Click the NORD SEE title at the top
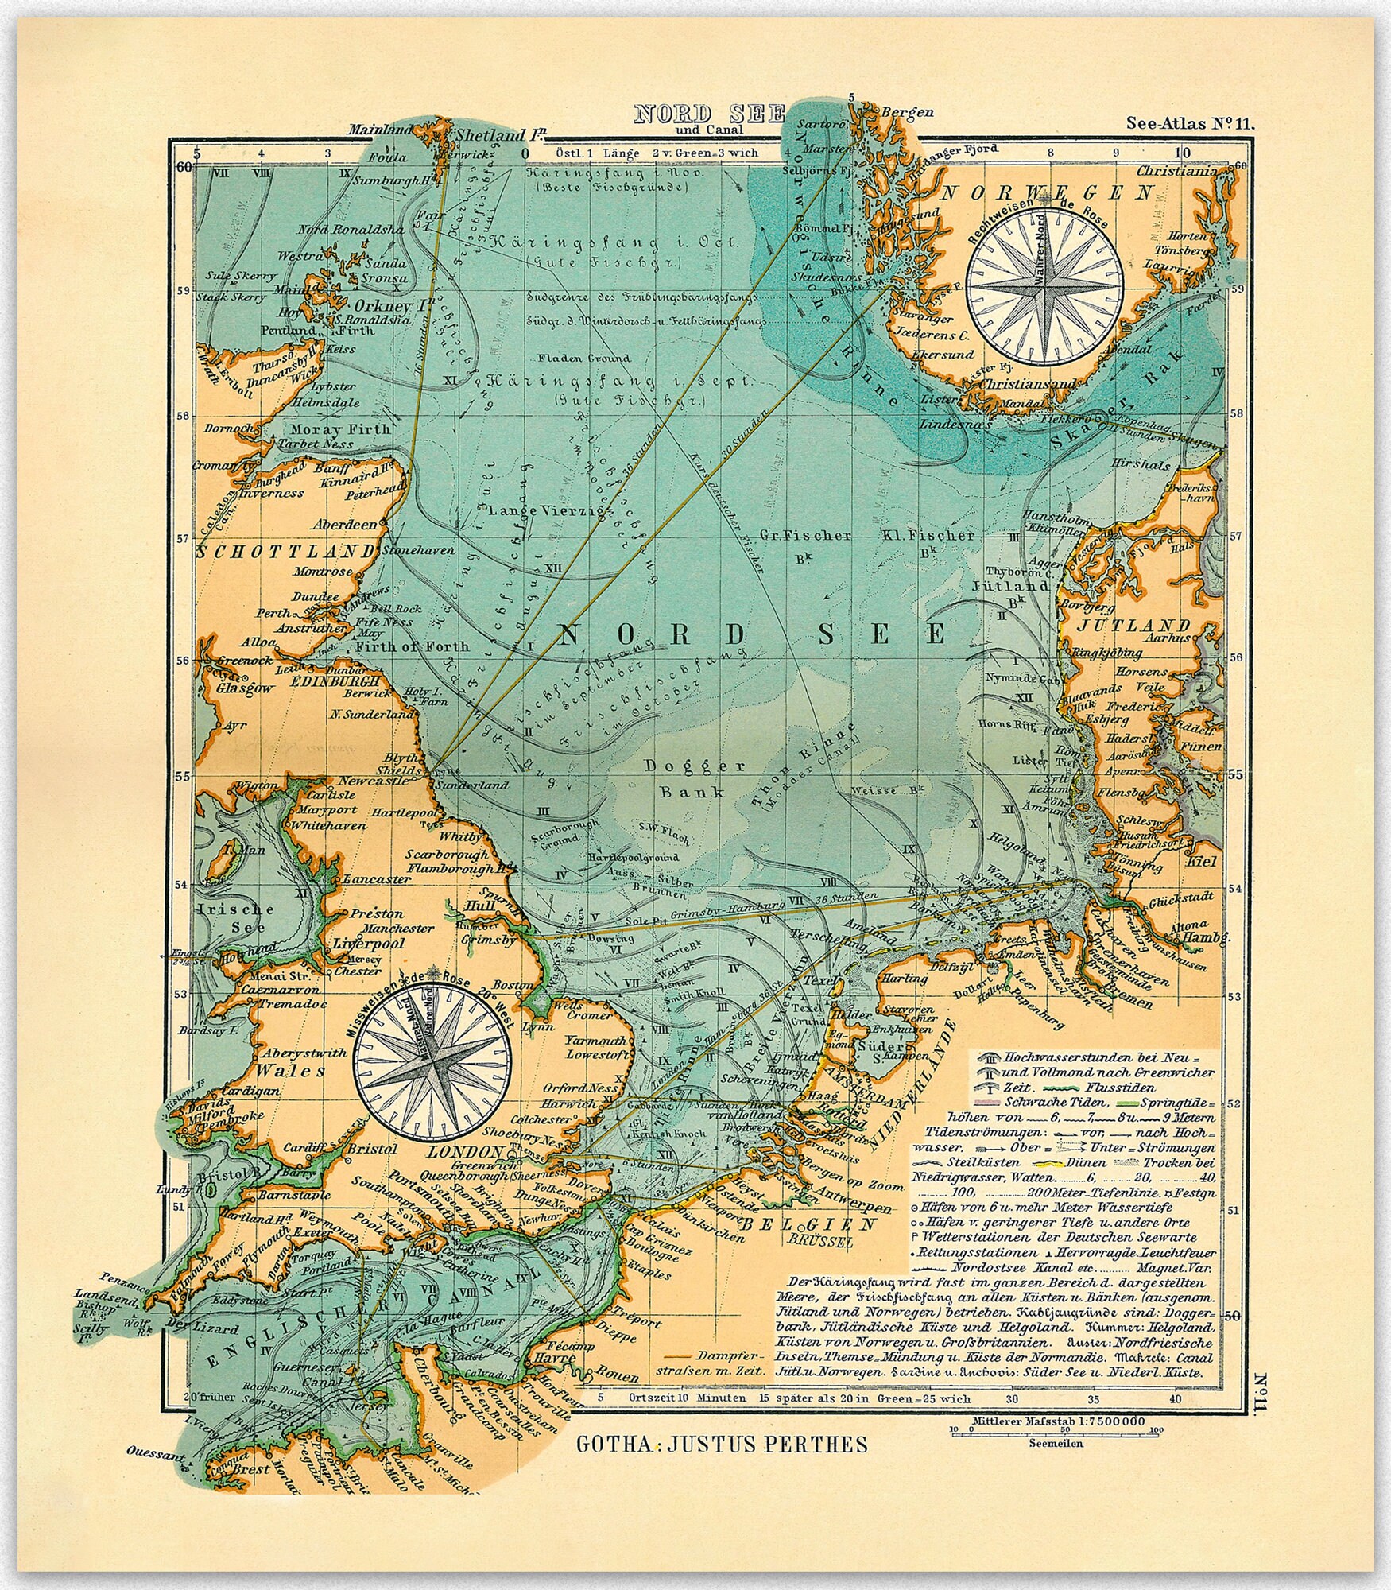click(709, 114)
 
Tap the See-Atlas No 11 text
click(1189, 122)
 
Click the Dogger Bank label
click(695, 778)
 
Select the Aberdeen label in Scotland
click(344, 525)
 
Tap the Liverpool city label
click(368, 944)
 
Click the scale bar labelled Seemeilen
click(1055, 1429)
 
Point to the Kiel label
click(1199, 860)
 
